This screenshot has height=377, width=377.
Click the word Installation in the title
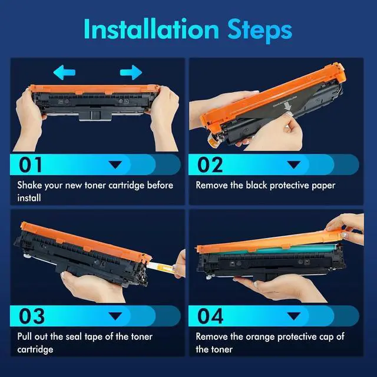151,29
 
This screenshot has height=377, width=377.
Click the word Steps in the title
260,31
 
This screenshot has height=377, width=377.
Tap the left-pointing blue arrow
64,72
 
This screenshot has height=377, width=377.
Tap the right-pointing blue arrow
131,72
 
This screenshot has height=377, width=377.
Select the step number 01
30,165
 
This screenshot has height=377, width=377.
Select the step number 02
210,165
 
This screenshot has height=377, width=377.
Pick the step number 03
32,316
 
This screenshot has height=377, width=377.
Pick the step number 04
210,316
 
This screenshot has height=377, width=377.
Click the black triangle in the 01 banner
115,165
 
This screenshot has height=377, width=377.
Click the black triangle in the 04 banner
294,316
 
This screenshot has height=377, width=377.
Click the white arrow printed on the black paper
287,106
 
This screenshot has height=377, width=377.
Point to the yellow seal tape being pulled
161,266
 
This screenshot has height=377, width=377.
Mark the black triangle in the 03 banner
115,316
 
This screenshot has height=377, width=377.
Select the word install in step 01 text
29,198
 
